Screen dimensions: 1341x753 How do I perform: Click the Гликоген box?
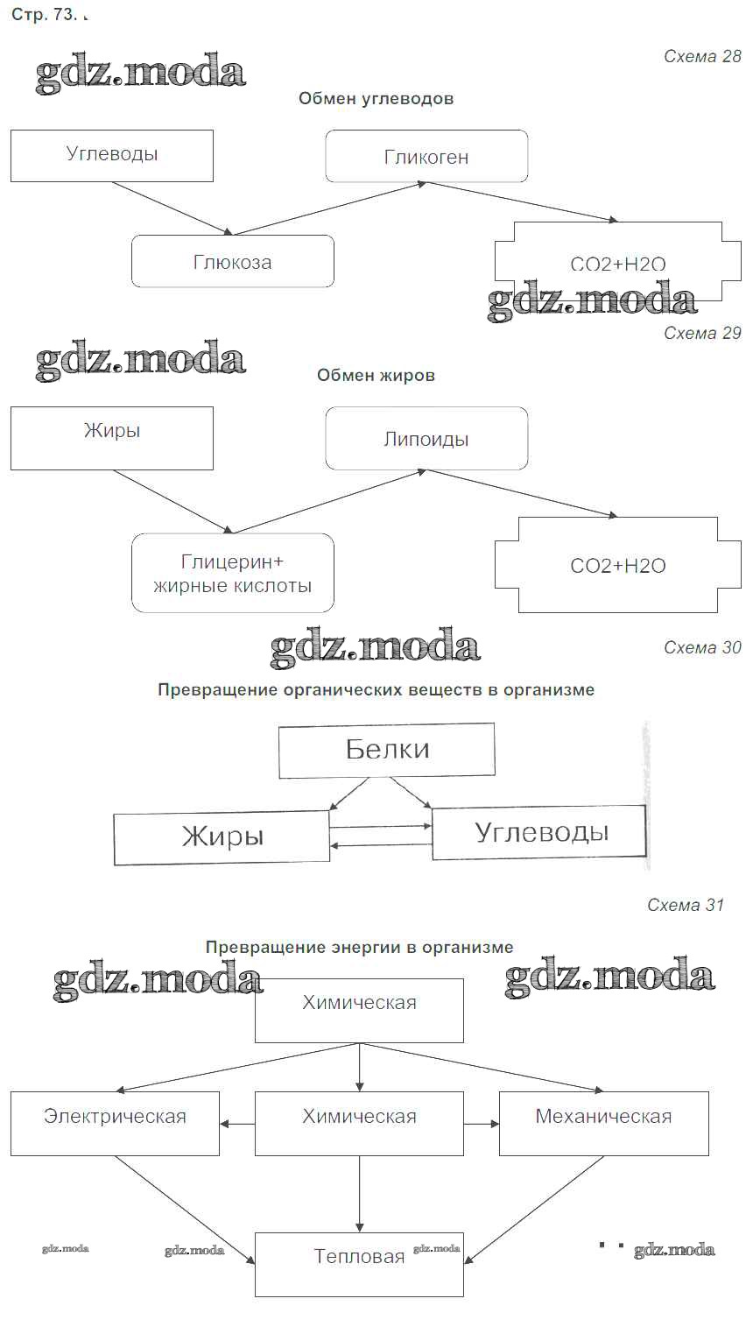[426, 156]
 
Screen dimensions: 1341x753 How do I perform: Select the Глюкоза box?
[233, 261]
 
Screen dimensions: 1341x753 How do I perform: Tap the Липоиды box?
[426, 438]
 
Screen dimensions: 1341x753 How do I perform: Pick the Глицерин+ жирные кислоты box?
[233, 573]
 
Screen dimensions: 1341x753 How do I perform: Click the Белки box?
[387, 750]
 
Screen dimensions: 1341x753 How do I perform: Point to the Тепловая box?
[359, 1264]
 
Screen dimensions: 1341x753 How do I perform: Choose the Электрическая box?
[115, 1123]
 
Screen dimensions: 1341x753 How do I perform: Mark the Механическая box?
[603, 1123]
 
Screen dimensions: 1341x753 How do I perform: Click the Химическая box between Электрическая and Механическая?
[359, 1123]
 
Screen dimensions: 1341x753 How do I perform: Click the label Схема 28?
[702, 57]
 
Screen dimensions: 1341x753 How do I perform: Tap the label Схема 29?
[702, 333]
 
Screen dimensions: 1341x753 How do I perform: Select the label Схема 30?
[702, 647]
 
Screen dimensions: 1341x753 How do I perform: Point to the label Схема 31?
[686, 905]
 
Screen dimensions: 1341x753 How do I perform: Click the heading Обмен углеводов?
[376, 98]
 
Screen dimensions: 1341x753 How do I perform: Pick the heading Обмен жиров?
[376, 375]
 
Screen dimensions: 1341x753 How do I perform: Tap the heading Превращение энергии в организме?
[359, 947]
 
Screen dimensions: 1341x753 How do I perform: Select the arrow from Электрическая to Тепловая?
[185, 1210]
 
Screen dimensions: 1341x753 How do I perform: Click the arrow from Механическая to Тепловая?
[534, 1210]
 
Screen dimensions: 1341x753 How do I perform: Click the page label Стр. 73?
[44, 16]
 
